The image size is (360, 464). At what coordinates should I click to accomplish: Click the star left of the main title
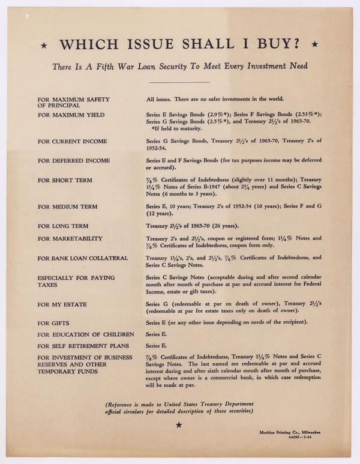coord(43,45)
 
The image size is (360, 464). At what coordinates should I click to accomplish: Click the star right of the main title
coord(316,44)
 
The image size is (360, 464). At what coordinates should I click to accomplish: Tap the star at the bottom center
coord(178,425)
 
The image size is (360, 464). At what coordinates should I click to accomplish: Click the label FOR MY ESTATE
coord(62,304)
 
